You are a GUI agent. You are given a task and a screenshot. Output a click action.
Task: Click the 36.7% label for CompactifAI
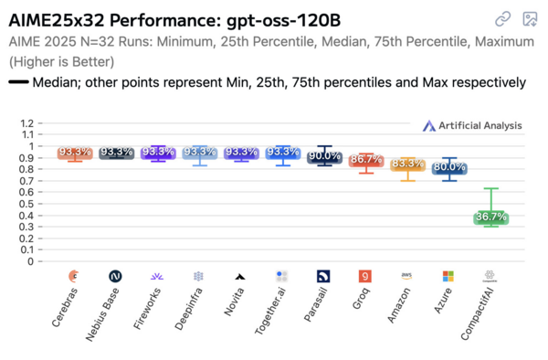tap(490, 217)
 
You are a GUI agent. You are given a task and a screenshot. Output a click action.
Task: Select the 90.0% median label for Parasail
tap(324, 156)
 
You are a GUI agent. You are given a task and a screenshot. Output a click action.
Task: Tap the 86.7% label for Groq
tap(365, 159)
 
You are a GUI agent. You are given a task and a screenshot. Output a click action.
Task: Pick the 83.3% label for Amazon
tap(407, 164)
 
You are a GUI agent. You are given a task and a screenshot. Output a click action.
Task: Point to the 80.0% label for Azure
tap(448, 168)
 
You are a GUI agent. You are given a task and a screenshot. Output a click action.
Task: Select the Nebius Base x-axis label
tap(103, 316)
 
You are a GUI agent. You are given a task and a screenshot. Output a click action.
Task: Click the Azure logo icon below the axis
tap(448, 276)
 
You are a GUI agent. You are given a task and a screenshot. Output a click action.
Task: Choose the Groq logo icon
tap(365, 276)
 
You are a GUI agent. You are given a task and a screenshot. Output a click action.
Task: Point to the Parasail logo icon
tap(324, 276)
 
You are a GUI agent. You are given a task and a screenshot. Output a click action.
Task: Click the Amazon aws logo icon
tap(407, 275)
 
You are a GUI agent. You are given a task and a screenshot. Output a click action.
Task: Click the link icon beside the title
tap(502, 18)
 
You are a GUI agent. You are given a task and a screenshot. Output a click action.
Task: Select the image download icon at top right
tap(529, 18)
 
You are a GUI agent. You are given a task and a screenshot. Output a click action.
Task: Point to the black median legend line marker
tap(17, 82)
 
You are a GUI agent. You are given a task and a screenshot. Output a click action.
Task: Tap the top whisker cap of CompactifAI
tap(490, 188)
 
